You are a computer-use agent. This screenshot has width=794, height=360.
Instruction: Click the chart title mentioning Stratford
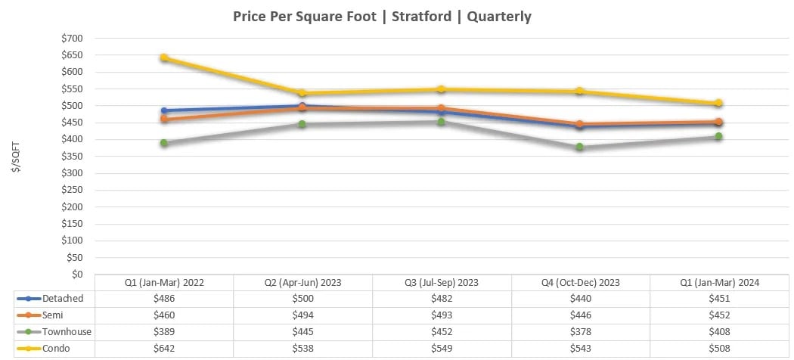381,16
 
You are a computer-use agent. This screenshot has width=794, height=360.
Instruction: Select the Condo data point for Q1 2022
164,57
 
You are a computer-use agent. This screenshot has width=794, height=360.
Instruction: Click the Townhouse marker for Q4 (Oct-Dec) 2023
580,147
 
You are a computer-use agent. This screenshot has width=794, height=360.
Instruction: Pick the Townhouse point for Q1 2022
164,143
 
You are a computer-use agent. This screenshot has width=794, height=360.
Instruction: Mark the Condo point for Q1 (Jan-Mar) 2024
719,103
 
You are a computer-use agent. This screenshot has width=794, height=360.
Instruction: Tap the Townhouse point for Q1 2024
719,137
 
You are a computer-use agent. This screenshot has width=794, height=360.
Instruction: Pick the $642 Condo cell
164,348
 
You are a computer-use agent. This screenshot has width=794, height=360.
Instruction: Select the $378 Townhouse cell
581,331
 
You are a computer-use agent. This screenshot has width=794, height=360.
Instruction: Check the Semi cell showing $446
581,315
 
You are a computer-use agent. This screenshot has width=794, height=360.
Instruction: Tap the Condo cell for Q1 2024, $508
720,348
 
